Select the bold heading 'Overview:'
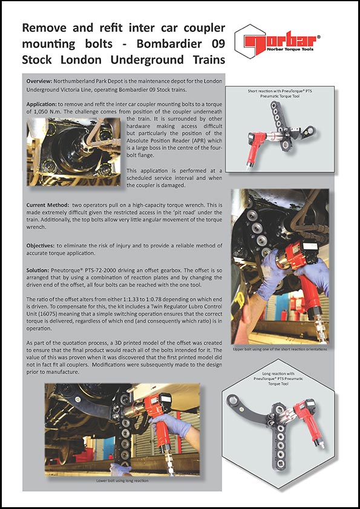pyautogui.click(x=39, y=81)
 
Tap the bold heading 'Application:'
pyautogui.click(x=41, y=104)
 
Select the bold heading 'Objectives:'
pyautogui.click(x=41, y=246)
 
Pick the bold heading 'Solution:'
pyautogui.click(x=38, y=270)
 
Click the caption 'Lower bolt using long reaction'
pyautogui.click(x=122, y=481)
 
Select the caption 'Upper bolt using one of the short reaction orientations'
pyautogui.click(x=280, y=349)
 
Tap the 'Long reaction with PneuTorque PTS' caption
pyautogui.click(x=278, y=378)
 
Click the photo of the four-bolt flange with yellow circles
pyautogui.click(x=74, y=152)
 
